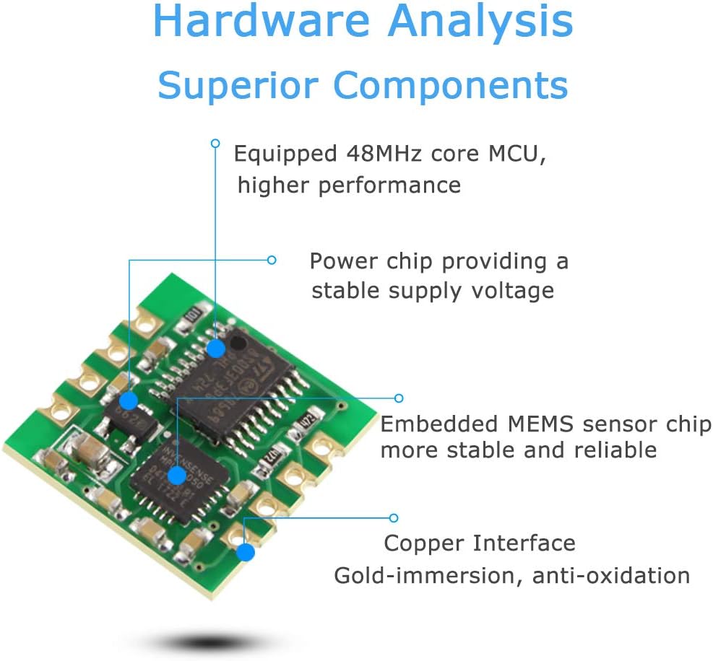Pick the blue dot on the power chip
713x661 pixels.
click(x=128, y=400)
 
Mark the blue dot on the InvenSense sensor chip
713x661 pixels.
click(x=176, y=475)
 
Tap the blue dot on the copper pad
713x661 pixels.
click(x=245, y=553)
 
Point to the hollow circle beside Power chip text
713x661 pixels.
click(x=272, y=260)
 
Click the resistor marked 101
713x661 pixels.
click(x=192, y=315)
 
